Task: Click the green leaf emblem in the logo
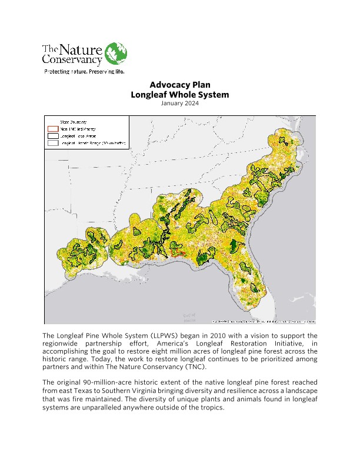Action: [115, 54]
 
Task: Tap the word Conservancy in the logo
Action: [72, 59]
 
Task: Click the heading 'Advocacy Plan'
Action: [179, 85]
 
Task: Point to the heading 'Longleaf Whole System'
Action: [179, 94]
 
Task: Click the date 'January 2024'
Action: [179, 104]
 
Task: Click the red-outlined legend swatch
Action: [53, 128]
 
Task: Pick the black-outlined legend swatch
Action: [53, 135]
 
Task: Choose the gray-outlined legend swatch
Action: [53, 142]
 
